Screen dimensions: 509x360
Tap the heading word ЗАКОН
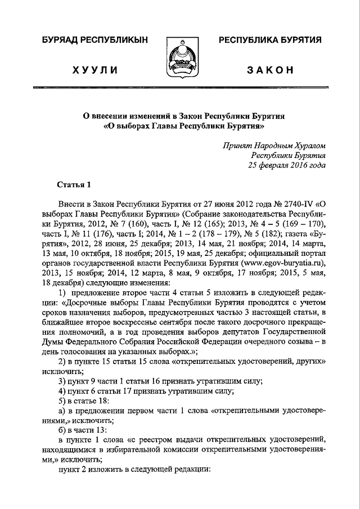[271, 70]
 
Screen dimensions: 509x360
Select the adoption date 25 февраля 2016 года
[287, 165]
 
